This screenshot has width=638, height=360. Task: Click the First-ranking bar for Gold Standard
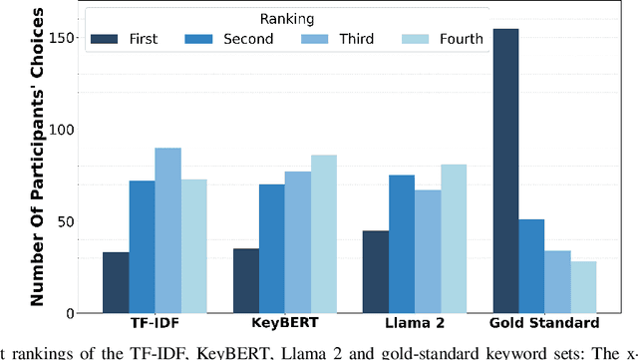[505, 171]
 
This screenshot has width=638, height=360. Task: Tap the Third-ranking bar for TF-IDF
[166, 230]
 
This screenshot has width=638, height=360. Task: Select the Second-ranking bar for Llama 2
[401, 244]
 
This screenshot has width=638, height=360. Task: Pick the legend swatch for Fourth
[417, 39]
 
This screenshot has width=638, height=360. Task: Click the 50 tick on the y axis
[67, 221]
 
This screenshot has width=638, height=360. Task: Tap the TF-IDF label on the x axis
[155, 323]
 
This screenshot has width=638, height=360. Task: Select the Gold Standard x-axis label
[544, 323]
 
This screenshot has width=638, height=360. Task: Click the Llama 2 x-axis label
[414, 323]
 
